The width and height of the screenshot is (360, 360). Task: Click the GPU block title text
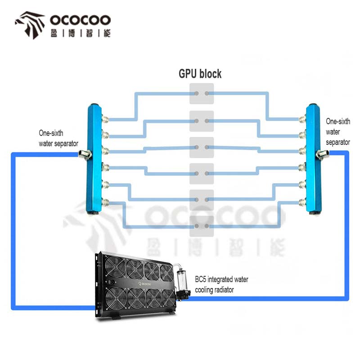(x=200, y=74)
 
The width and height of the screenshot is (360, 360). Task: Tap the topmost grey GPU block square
(x=202, y=94)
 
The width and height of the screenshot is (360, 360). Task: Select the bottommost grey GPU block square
(x=202, y=226)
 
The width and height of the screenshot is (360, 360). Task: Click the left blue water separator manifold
(x=94, y=159)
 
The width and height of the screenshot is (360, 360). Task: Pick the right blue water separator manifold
(x=313, y=159)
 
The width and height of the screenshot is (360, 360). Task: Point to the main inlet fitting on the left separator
(x=85, y=154)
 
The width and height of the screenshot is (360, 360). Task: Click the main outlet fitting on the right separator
(x=322, y=154)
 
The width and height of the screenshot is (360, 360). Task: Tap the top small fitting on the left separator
(x=105, y=119)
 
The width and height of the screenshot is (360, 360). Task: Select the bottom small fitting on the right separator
(x=302, y=202)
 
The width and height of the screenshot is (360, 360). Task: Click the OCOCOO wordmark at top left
(x=81, y=20)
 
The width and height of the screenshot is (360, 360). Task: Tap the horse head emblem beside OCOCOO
(x=30, y=25)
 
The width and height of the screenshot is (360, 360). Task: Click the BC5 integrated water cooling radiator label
(x=221, y=285)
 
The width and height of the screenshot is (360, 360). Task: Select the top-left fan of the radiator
(x=115, y=266)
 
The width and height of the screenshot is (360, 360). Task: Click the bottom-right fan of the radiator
(x=168, y=298)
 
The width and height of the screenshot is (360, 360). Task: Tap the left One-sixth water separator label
(x=58, y=138)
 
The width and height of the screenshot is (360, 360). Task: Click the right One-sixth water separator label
(x=338, y=132)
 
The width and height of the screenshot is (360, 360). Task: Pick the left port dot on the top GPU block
(x=197, y=94)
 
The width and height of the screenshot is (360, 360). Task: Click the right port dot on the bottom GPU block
(x=207, y=226)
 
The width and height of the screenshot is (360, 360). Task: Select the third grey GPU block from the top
(x=202, y=148)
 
